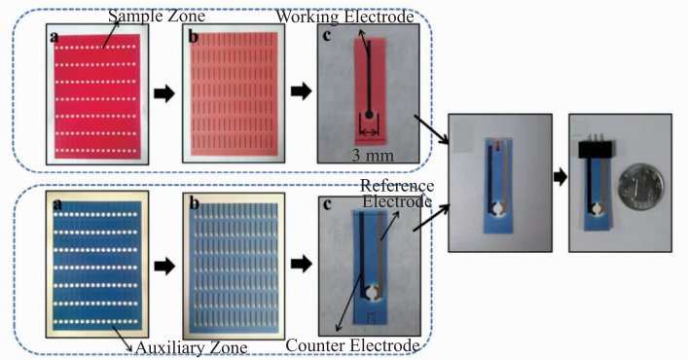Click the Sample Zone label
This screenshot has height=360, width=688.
tap(157, 17)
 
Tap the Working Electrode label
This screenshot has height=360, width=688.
tap(344, 17)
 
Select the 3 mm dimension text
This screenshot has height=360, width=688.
tap(373, 156)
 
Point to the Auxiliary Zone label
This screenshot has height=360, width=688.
tap(192, 348)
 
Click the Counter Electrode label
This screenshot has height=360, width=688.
tap(353, 345)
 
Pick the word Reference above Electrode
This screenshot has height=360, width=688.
tap(397, 186)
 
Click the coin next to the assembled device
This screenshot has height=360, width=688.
tap(641, 187)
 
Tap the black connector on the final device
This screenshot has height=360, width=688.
tap(596, 150)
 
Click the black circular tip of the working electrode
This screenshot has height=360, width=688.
tap(370, 115)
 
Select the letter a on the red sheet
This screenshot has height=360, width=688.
tap(54, 37)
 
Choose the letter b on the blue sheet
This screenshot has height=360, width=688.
tap(194, 204)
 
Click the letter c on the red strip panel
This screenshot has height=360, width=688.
tap(326, 35)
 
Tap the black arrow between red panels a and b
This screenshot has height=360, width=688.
tap(164, 93)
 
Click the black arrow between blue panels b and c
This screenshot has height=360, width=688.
tap(302, 264)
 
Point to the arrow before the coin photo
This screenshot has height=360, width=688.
tap(561, 178)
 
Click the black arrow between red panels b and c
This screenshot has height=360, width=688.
tap(302, 91)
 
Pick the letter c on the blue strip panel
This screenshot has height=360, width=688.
tap(326, 204)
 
